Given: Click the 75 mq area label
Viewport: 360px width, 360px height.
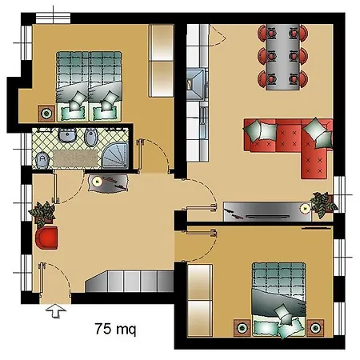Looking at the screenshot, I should coord(115,329).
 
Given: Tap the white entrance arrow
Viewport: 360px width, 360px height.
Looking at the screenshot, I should coord(54,310).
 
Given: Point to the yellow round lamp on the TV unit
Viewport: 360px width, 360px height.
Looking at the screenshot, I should coord(305,207).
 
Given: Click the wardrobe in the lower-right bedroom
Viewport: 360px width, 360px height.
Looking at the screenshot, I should coord(198,301).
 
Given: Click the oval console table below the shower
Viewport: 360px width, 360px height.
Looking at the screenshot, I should coord(107,183).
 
